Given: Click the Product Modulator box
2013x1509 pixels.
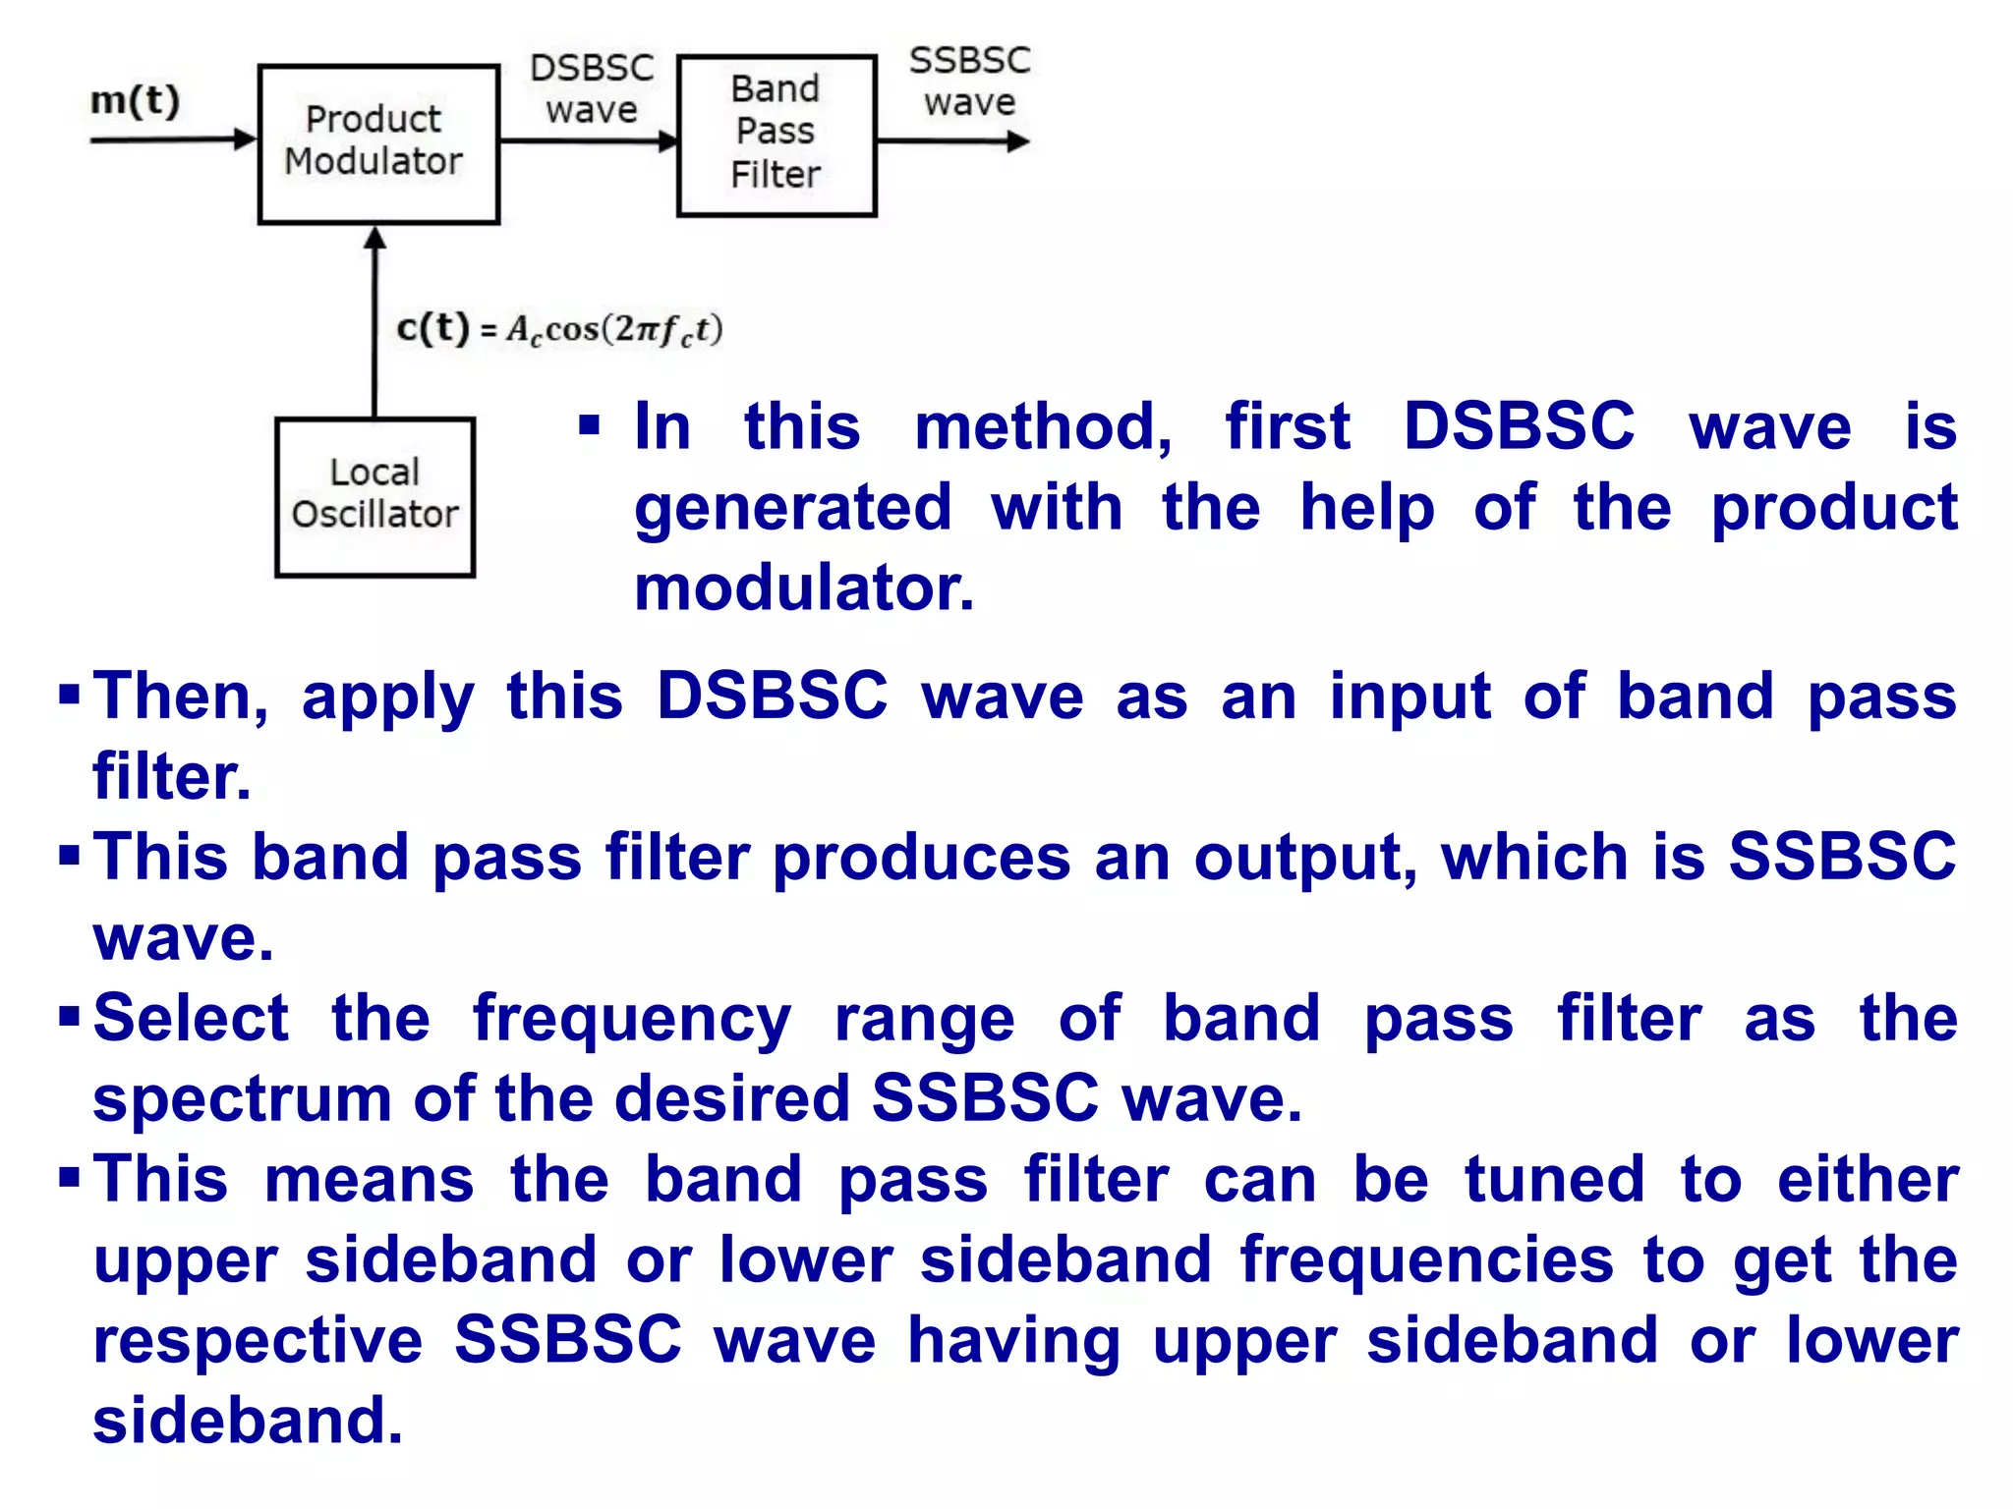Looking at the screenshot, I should click(x=378, y=144).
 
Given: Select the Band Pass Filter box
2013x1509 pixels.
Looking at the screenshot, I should click(x=776, y=135).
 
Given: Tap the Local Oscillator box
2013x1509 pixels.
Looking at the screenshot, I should click(x=374, y=496).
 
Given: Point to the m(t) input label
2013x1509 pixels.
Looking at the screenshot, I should click(x=136, y=100).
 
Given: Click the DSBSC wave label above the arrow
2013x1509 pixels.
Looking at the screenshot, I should click(x=592, y=88).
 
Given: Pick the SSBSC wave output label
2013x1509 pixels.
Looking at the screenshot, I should click(x=969, y=81).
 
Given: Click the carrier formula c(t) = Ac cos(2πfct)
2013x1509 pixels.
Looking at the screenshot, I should click(x=559, y=329).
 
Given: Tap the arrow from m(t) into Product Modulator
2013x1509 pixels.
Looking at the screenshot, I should click(x=173, y=140).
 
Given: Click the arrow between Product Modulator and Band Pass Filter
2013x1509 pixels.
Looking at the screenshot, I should click(x=588, y=140).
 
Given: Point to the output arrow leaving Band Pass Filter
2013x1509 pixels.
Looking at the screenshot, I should click(x=951, y=141).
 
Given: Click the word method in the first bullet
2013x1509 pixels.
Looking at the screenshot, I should click(x=1043, y=427).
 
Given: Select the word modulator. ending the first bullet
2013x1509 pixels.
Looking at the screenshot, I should click(x=804, y=588).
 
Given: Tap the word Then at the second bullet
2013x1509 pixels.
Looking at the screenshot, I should click(x=181, y=697).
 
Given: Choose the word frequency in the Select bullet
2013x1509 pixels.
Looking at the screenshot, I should click(x=632, y=1019).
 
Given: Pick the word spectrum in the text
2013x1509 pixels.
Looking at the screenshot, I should click(x=242, y=1099).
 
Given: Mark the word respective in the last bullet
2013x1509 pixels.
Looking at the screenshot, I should click(x=258, y=1341).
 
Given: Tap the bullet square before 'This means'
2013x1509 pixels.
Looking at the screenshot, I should click(x=69, y=1176).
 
